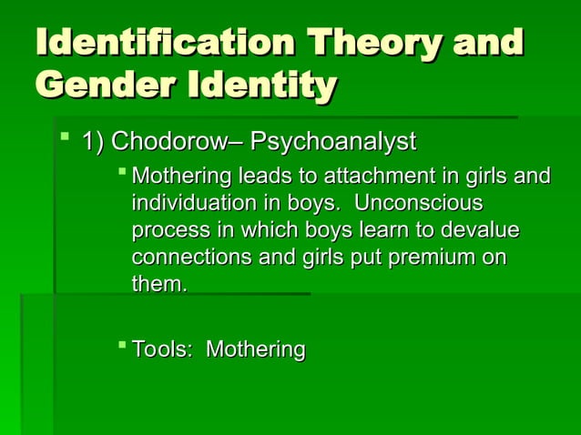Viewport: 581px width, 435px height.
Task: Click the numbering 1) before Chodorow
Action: (94, 142)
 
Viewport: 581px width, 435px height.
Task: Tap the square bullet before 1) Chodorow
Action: (61, 139)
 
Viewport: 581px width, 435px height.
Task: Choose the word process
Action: (167, 230)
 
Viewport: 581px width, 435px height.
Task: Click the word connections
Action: (193, 258)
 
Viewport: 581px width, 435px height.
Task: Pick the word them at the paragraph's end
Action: (158, 285)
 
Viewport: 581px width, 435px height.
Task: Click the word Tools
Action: (162, 349)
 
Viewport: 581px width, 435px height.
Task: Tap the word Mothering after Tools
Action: (256, 349)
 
